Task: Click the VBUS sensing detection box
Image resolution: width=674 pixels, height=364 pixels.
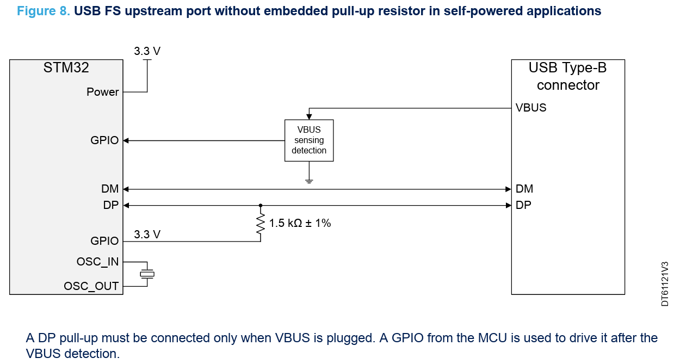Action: (309, 140)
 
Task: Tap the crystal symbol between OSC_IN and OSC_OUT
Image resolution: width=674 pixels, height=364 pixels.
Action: (147, 274)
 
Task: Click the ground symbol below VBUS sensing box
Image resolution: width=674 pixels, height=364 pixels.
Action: (309, 181)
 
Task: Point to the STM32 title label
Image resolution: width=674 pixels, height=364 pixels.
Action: (66, 68)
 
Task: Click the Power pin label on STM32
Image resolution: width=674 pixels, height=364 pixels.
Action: (102, 92)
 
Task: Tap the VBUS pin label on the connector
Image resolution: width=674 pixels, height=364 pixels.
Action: (531, 108)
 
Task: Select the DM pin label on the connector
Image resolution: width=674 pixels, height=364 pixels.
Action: (524, 189)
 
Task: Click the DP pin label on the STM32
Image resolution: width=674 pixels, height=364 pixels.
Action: (110, 205)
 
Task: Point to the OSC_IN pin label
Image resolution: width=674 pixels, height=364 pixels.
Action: (97, 262)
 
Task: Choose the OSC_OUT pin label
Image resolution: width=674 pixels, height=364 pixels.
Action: (91, 286)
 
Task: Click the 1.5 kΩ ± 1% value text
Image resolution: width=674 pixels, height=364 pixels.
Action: (300, 223)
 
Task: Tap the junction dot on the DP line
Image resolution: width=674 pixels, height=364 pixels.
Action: (261, 206)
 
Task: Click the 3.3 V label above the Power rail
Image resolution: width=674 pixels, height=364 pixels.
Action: (147, 52)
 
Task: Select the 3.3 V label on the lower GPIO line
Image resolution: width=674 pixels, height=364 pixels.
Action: (147, 235)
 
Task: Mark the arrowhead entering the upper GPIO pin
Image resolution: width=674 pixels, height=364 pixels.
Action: (126, 141)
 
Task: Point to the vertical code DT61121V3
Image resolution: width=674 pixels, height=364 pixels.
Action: (665, 283)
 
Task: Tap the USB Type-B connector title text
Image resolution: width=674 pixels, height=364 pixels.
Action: (567, 77)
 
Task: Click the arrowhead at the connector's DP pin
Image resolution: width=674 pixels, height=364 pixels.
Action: (509, 206)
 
